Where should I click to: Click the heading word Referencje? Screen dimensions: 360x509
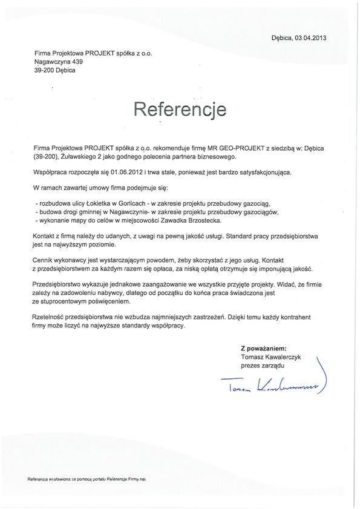(180, 110)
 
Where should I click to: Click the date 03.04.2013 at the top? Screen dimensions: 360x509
(310, 38)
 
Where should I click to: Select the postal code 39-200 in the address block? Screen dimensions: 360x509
(46, 70)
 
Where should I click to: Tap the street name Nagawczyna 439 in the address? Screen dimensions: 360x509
(59, 61)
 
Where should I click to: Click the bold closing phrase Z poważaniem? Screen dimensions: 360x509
(263, 349)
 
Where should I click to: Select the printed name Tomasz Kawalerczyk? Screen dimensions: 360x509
(270, 357)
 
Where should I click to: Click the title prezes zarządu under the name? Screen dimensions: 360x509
(262, 366)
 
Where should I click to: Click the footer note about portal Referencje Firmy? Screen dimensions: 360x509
(87, 479)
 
